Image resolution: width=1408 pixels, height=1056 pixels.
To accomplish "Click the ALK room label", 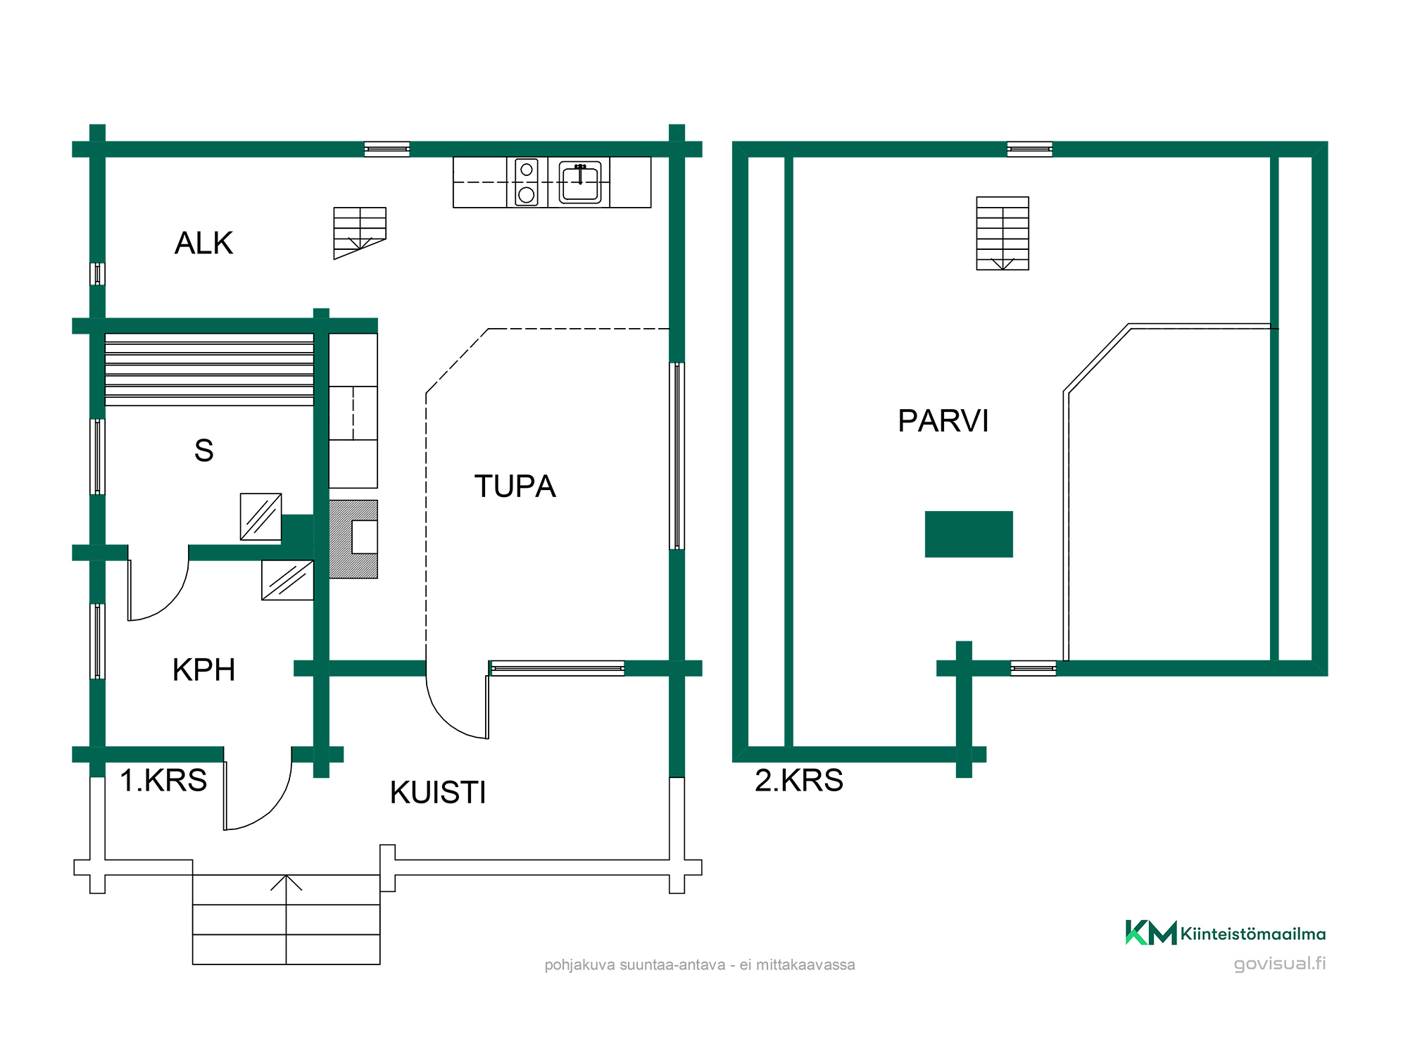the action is tap(203, 244).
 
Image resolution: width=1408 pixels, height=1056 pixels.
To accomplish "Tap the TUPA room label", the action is tap(515, 486).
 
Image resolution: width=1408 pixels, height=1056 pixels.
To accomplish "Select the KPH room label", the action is tap(203, 670).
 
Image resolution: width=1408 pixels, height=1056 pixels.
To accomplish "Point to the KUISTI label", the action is tap(438, 793).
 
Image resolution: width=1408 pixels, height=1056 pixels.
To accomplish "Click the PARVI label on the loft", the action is tap(943, 421).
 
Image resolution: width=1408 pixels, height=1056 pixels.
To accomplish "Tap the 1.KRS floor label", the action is tap(163, 780).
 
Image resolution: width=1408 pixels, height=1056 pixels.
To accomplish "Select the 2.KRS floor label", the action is tap(799, 780).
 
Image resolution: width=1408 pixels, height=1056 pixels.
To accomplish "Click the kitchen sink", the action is tap(580, 182).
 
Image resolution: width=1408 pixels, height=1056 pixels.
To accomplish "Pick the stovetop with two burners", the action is tap(527, 182).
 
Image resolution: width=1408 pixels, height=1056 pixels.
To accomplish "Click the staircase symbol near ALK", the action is tap(360, 233).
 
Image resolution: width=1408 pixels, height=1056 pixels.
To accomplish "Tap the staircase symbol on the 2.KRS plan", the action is tap(1002, 233).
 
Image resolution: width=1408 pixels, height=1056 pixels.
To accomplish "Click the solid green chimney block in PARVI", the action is tap(969, 534).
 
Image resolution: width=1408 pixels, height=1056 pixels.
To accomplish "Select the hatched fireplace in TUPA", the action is tap(353, 539).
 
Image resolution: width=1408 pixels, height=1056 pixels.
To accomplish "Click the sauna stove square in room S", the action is tap(261, 517).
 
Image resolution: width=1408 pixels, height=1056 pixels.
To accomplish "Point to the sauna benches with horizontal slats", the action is tap(209, 370).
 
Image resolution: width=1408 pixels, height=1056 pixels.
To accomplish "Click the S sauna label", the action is tap(203, 451).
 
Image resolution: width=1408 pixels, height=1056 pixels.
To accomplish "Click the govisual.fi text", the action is tap(1280, 963).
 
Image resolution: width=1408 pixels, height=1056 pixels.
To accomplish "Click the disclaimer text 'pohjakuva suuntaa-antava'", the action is tap(635, 964).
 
